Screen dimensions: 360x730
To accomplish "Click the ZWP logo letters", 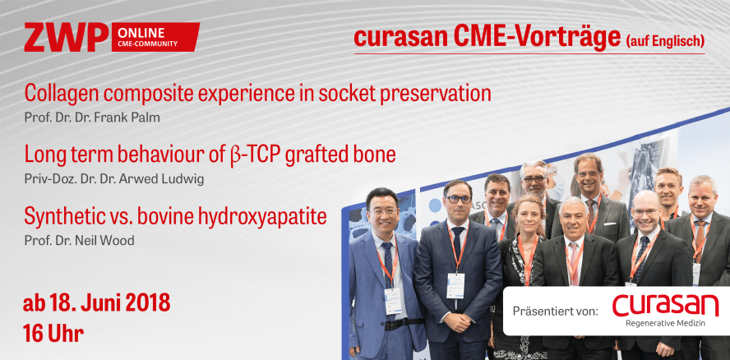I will [x=65, y=37].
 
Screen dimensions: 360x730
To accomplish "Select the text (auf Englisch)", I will [x=664, y=39].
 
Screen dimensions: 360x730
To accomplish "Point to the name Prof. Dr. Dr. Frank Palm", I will [x=91, y=117].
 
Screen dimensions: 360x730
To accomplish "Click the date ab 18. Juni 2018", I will [x=97, y=302].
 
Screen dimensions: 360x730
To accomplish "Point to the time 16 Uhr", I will [x=53, y=334].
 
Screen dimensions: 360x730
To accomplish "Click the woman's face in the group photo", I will [x=528, y=215].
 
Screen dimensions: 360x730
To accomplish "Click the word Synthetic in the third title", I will [x=65, y=217].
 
